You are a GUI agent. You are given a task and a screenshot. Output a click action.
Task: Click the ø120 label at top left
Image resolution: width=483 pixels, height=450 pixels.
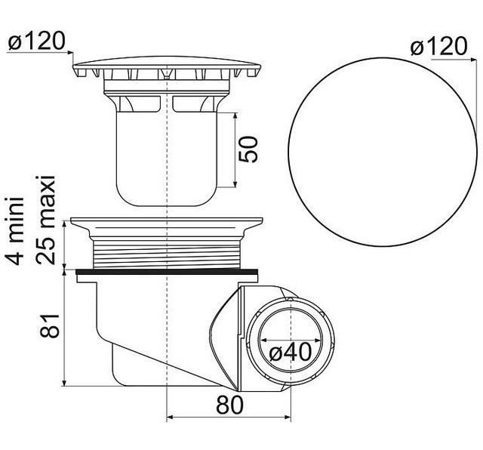pos(37,42)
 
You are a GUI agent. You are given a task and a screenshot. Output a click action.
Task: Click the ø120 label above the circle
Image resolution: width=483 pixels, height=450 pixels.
pos(439,46)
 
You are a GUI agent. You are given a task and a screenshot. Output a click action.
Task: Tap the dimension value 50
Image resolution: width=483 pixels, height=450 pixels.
pos(248,149)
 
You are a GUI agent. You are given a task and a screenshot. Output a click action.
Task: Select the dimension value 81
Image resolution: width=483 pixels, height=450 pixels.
pos(50,325)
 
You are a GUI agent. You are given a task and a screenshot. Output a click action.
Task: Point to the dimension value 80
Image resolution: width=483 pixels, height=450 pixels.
pos(229,405)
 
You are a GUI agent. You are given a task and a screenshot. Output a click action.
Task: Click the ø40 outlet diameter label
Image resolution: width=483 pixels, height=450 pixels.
pos(291,352)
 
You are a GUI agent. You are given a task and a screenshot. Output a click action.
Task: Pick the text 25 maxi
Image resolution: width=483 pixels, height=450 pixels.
pos(45,220)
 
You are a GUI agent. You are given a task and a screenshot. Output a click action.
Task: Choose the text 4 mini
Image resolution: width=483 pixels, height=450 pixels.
pos(14,230)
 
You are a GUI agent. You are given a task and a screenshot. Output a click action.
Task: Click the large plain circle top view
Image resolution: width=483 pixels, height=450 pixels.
pos(383,151)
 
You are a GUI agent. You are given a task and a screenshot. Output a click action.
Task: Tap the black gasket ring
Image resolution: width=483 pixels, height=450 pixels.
pos(167,272)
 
